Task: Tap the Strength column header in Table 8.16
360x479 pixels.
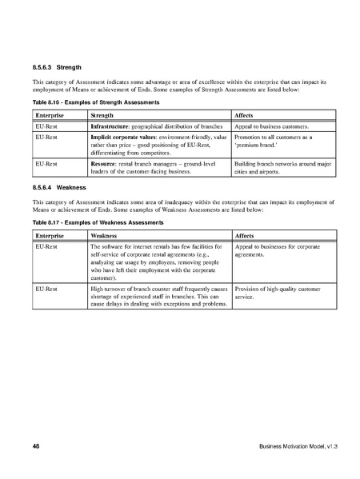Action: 103,116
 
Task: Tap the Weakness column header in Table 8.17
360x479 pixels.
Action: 106,236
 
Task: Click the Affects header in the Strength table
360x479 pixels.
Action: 244,116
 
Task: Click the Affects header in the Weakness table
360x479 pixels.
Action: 244,236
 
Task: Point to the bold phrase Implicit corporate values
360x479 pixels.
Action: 128,138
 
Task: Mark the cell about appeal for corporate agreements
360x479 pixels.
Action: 277,252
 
